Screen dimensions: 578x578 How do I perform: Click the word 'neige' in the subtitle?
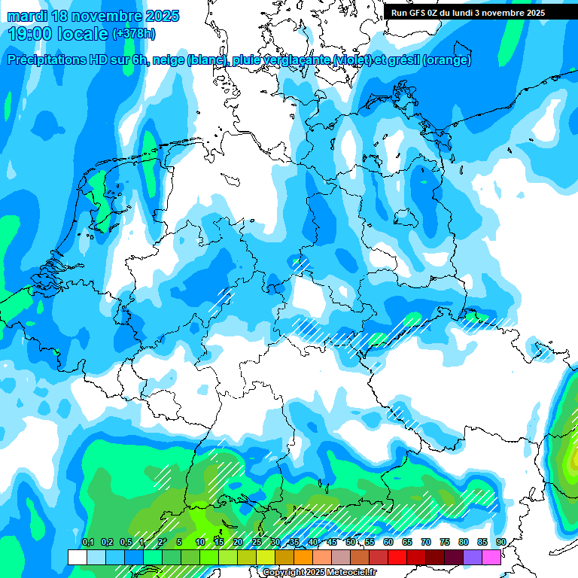[x=169, y=60]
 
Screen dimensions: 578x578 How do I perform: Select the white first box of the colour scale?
[x=78, y=558]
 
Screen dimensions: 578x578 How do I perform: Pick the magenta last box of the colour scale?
[x=491, y=558]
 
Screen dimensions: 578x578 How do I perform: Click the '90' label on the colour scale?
[x=501, y=543]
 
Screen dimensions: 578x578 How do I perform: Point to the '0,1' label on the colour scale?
[x=87, y=543]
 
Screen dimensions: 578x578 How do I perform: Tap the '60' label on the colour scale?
[x=388, y=543]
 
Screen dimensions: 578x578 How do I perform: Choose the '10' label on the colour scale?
[x=200, y=543]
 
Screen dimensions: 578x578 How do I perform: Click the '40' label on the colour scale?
[x=313, y=543]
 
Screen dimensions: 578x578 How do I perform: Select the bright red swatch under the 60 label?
[x=397, y=558]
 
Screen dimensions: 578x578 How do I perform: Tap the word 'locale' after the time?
[x=84, y=34]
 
